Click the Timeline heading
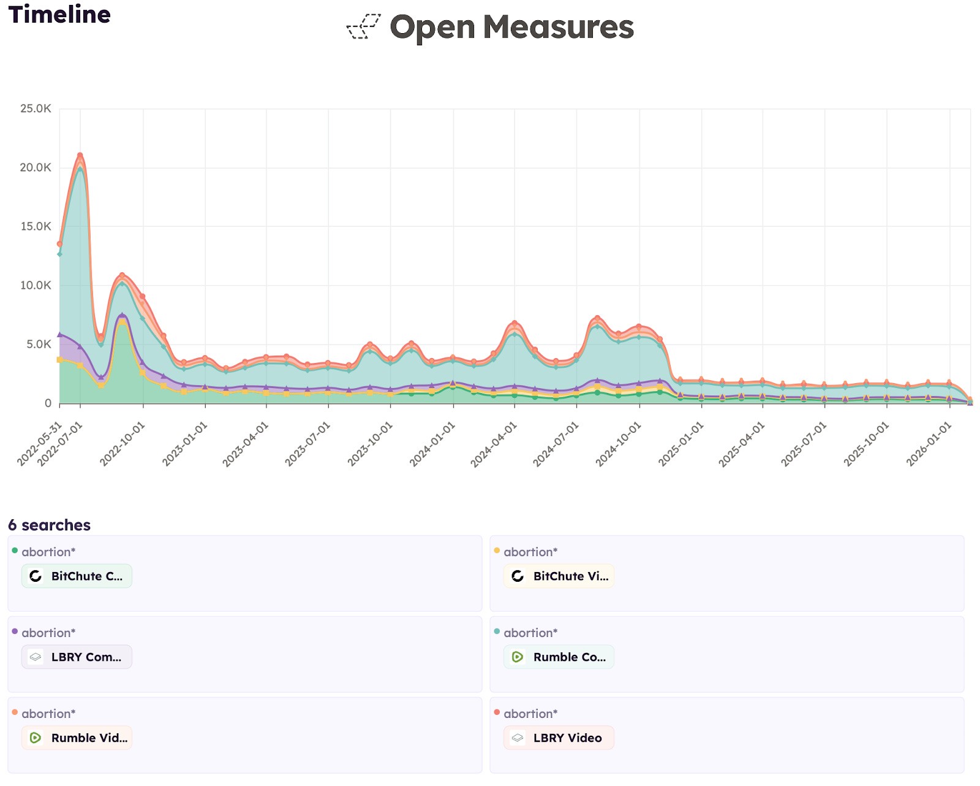pos(59,15)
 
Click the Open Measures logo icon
pos(364,27)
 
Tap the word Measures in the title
pos(558,27)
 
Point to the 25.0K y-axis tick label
pos(36,109)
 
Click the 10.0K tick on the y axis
pos(36,285)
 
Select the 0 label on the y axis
pos(48,403)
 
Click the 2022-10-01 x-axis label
pos(123,444)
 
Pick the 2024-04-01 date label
pos(494,444)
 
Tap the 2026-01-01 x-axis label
pos(929,444)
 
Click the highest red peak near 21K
pos(80,156)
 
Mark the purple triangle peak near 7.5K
pos(122,316)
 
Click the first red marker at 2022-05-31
pos(59,244)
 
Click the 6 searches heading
pos(49,525)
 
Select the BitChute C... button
pos(77,576)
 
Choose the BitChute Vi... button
pos(559,576)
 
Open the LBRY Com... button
pos(77,657)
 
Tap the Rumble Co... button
pos(559,657)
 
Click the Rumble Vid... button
pos(77,738)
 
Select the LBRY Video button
pos(559,738)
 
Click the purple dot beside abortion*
pos(15,631)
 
